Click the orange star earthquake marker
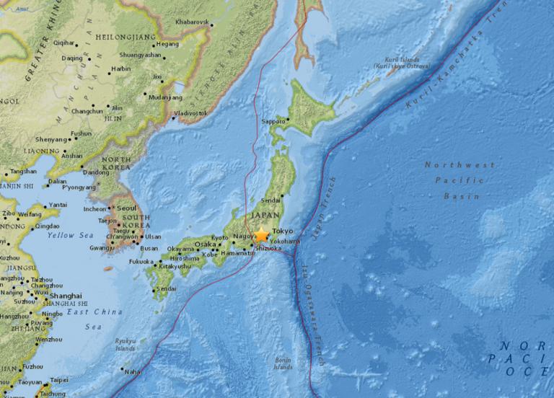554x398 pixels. pos(261,235)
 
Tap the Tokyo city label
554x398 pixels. pos(283,231)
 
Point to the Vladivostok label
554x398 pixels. pos(190,113)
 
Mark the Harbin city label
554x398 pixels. pos(120,69)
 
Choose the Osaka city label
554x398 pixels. pos(205,244)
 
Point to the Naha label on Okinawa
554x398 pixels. pos(133,371)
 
